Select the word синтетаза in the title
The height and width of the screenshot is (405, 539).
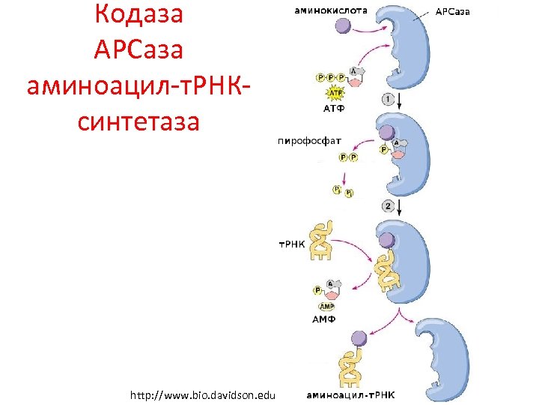coord(139,119)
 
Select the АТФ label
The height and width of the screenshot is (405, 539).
coord(335,108)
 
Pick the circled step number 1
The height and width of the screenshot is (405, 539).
coord(388,98)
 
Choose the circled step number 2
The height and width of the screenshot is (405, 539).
coord(388,205)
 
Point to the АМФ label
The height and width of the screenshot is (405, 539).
coord(323,319)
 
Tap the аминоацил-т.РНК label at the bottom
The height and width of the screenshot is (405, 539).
coord(351,395)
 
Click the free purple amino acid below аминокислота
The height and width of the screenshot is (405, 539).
coord(342,27)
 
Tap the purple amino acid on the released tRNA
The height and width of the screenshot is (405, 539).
coord(360,338)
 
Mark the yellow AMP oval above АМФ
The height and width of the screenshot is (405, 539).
coord(327,306)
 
